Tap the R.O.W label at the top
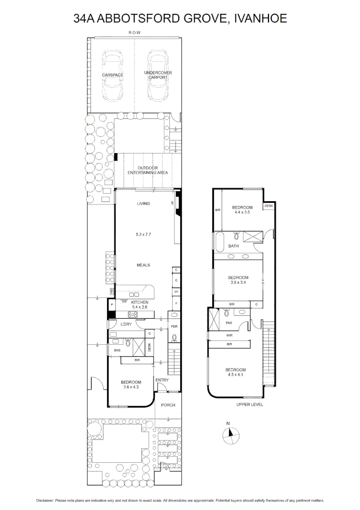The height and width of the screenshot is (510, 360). tap(135, 33)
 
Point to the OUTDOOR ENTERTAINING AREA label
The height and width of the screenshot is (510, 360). tap(146, 170)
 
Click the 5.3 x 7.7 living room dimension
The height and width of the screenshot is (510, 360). tap(143, 234)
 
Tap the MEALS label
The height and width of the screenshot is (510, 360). tap(143, 265)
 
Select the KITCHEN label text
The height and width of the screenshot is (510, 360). tap(140, 302)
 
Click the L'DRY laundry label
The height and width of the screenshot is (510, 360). tap(126, 324)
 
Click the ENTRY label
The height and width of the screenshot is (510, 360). tap(161, 380)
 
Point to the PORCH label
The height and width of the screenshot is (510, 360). tap(168, 405)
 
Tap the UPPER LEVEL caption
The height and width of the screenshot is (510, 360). tap(250, 405)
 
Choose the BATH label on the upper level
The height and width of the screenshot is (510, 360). tap(234, 246)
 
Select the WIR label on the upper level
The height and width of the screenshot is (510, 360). tap(229, 335)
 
